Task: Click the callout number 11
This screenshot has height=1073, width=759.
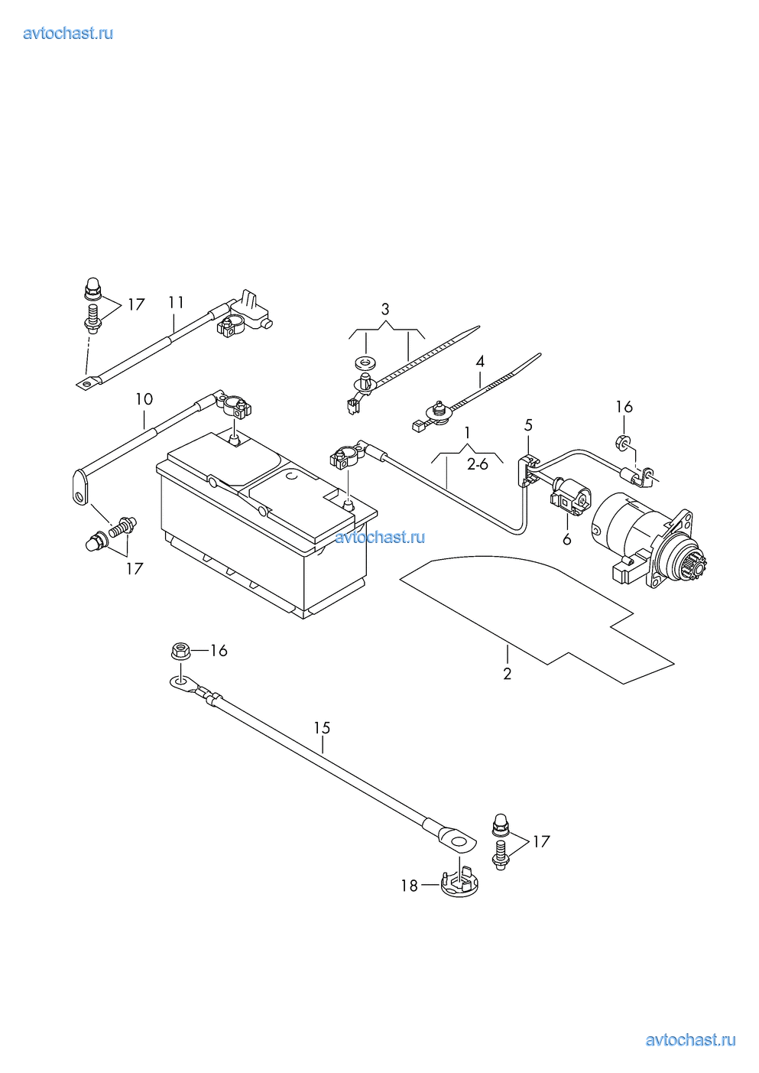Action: click(177, 303)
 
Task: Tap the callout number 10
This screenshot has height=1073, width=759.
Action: click(144, 399)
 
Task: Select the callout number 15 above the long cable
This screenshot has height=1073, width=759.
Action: click(323, 728)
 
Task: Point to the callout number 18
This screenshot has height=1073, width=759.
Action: click(410, 886)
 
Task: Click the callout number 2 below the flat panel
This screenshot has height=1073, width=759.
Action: click(508, 674)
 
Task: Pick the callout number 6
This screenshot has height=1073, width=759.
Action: click(567, 540)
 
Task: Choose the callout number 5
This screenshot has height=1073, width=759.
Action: click(529, 425)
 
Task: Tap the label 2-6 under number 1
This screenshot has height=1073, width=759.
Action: click(478, 464)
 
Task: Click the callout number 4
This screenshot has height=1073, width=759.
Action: click(480, 361)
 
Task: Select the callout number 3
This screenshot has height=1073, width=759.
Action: click(385, 309)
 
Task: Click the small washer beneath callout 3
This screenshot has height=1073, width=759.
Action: click(365, 363)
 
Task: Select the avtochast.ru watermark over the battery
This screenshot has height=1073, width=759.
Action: click(380, 538)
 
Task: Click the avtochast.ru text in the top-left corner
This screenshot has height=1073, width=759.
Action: click(68, 34)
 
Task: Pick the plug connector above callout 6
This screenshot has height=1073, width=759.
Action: click(571, 497)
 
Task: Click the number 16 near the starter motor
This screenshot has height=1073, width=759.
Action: click(624, 407)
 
